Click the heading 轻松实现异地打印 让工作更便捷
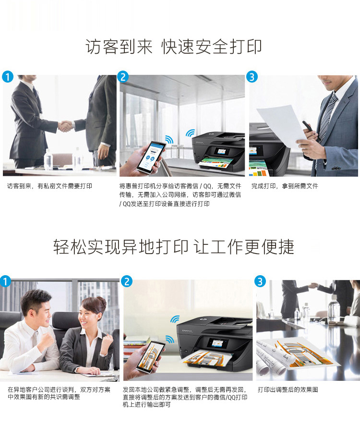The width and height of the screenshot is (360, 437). (x=174, y=247)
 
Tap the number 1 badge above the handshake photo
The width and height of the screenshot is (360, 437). (x=8, y=77)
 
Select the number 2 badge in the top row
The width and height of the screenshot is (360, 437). (x=123, y=77)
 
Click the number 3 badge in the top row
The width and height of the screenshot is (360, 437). (x=252, y=77)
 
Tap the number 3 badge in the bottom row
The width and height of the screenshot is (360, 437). (x=260, y=281)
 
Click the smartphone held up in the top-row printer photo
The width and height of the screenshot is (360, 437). (x=150, y=158)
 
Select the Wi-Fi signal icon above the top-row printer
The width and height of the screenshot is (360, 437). (x=191, y=133)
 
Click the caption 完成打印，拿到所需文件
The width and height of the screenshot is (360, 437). (x=285, y=186)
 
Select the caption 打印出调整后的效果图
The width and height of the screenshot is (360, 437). (x=288, y=389)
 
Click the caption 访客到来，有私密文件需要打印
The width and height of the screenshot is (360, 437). (x=49, y=186)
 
